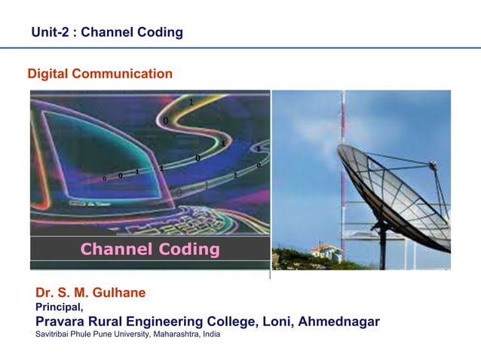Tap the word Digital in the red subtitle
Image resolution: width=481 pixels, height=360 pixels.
47,74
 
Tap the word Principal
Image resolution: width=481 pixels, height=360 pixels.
59,307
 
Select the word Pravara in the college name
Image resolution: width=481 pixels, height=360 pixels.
62,322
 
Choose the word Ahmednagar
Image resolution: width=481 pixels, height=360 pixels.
339,322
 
